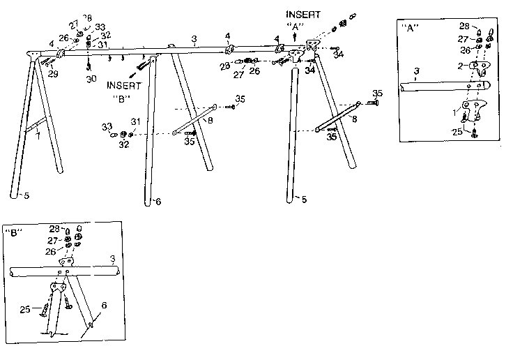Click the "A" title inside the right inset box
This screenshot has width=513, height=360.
point(410,28)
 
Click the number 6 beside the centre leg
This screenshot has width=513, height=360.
point(159,202)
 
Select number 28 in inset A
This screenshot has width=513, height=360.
point(464,26)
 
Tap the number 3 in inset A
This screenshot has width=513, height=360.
point(415,71)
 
